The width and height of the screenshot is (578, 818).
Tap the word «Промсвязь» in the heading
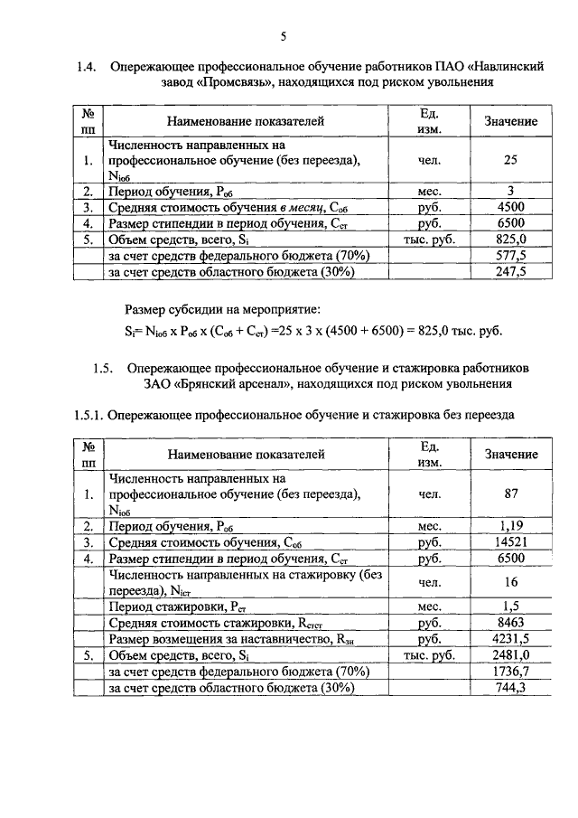[x=233, y=82]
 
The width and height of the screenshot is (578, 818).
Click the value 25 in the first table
[x=510, y=161]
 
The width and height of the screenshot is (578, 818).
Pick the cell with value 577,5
[x=510, y=256]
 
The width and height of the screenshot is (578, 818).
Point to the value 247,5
[x=510, y=271]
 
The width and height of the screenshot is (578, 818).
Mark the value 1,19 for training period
[x=510, y=525]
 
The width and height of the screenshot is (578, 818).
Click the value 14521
[x=510, y=541]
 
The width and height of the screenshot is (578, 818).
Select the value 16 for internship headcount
[x=510, y=582]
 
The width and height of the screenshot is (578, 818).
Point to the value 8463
[x=510, y=623]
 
